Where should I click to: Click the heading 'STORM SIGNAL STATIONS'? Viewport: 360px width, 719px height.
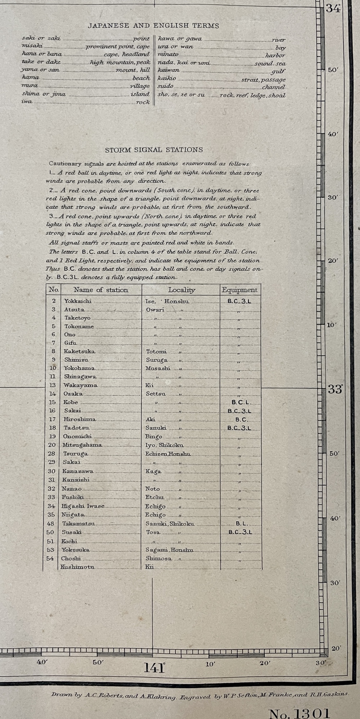pyautogui.click(x=154, y=150)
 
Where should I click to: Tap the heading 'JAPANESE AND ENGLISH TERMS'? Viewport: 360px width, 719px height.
pyautogui.click(x=153, y=26)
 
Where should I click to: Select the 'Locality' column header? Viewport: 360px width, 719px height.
pyautogui.click(x=181, y=290)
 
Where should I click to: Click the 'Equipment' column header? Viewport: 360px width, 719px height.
pyautogui.click(x=239, y=290)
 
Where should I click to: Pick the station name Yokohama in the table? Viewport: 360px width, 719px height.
pyautogui.click(x=79, y=368)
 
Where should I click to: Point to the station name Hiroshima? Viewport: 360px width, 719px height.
pyautogui.click(x=80, y=419)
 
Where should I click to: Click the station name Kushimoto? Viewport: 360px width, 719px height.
pyautogui.click(x=77, y=567)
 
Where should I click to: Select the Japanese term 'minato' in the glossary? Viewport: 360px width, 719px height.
pyautogui.click(x=168, y=54)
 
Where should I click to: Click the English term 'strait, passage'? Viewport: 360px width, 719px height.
pyautogui.click(x=263, y=80)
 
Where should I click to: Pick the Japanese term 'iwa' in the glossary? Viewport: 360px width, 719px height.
pyautogui.click(x=27, y=102)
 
